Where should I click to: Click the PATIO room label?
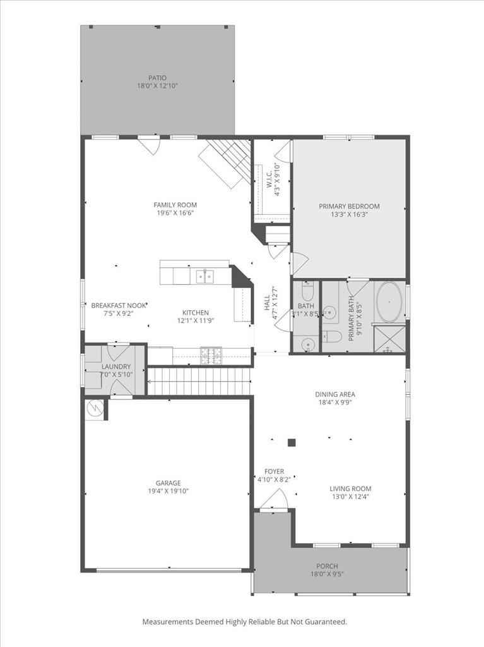[158, 78]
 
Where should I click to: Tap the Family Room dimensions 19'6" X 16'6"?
[175, 214]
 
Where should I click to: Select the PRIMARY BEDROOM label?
[349, 206]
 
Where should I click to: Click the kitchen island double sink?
[204, 276]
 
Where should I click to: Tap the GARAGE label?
[168, 482]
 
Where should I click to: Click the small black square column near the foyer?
[292, 443]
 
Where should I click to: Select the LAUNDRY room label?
[116, 367]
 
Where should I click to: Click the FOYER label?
[274, 471]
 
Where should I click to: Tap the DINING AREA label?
[335, 394]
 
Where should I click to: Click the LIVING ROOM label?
[350, 488]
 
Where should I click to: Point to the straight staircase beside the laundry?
[198, 382]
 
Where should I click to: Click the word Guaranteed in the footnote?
[326, 622]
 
